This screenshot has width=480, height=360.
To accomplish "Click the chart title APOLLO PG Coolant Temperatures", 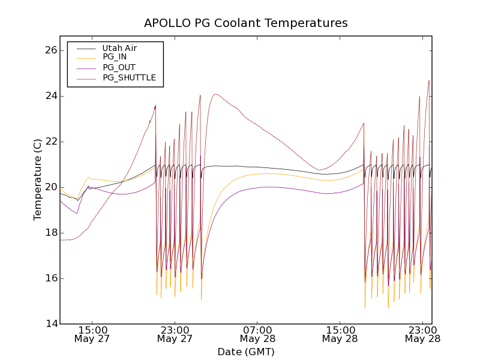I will (x=245, y=23).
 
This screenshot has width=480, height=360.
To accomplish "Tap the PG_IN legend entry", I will (x=115, y=57).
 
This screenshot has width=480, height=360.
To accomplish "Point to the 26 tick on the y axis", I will (x=50, y=50).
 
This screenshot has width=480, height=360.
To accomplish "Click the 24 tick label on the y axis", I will (x=50, y=96).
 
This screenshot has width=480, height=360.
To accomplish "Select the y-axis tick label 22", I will (x=50, y=142).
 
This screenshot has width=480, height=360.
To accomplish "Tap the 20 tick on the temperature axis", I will (x=50, y=187).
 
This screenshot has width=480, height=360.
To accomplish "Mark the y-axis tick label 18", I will (x=50, y=233).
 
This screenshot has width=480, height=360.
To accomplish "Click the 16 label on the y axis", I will (x=50, y=278).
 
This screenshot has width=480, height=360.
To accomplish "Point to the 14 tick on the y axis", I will (x=50, y=324).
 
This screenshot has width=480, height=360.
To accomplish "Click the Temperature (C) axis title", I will (x=37, y=179).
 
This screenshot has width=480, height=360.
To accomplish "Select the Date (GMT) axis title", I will (x=245, y=352).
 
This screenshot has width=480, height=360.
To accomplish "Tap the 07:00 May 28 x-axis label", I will (x=258, y=334).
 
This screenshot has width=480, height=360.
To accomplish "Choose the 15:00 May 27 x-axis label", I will (x=93, y=334).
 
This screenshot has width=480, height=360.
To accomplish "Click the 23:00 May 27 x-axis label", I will (x=175, y=334).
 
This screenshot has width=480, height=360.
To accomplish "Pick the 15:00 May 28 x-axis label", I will (x=340, y=334).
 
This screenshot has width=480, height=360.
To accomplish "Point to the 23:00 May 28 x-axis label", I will (x=422, y=334).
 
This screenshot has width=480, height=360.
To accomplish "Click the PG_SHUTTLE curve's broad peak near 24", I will (x=216, y=94).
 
